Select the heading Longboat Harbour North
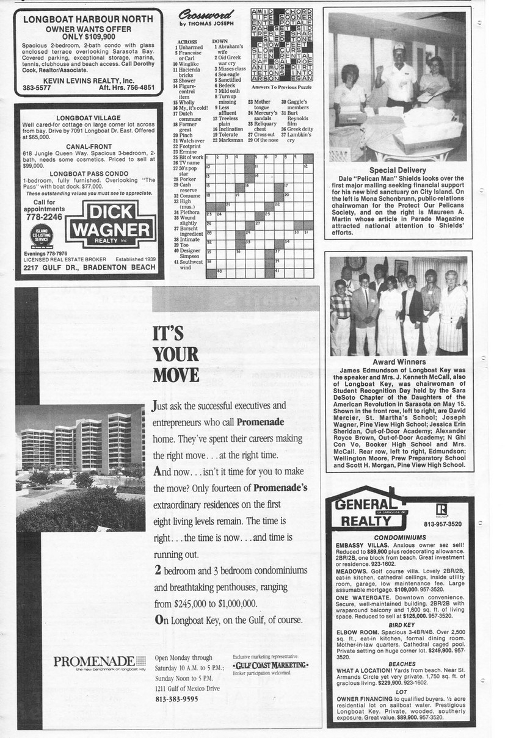[x=88, y=19]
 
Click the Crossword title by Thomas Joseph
[x=206, y=17]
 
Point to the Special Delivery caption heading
[x=398, y=170]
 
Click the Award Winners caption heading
[x=399, y=362]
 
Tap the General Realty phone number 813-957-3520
[x=443, y=524]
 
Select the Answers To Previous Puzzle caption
[x=282, y=87]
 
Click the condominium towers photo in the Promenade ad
[x=80, y=467]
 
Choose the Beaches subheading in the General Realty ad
[x=401, y=664]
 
